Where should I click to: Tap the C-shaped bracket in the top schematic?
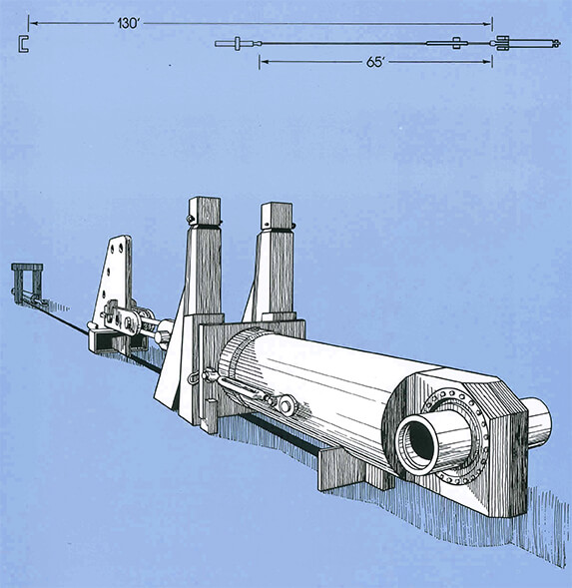point(22,42)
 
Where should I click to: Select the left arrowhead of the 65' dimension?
point(262,61)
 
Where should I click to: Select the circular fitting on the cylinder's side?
point(286,404)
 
